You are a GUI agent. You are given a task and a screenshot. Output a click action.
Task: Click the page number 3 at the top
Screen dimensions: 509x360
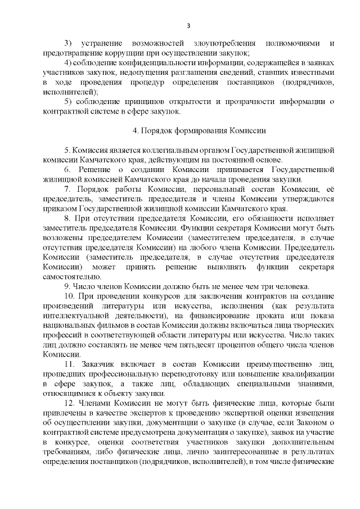(188, 25)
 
